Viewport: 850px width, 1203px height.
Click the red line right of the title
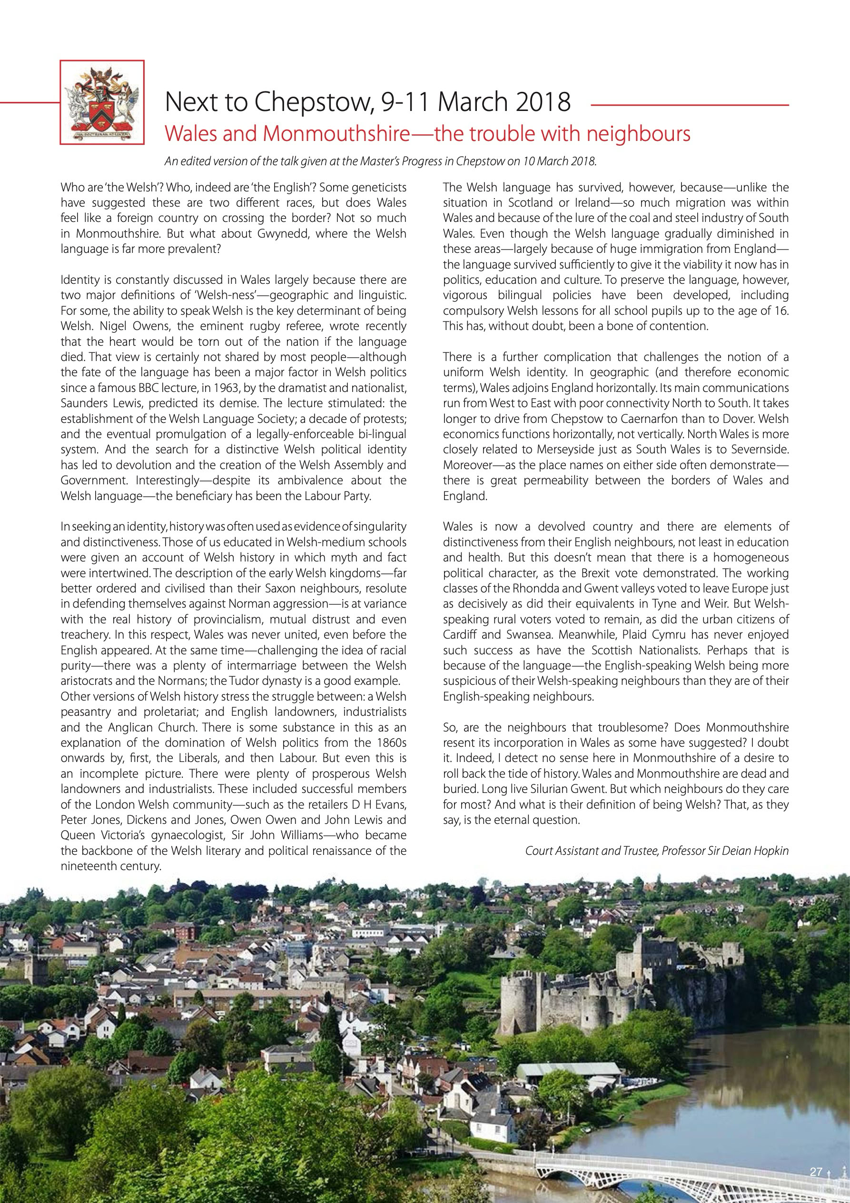coord(689,106)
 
